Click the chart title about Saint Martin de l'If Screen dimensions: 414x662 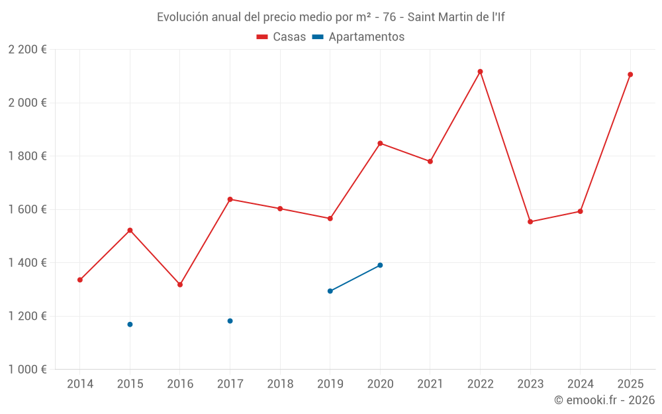click(330, 17)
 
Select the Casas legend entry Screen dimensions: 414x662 click(281, 37)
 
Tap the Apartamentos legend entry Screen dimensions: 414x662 click(358, 37)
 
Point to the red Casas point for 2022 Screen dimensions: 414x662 click(481, 72)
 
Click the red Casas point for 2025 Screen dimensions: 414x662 click(630, 74)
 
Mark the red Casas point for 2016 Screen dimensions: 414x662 click(180, 285)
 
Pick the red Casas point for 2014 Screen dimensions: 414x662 click(80, 280)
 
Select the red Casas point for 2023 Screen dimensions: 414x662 click(530, 222)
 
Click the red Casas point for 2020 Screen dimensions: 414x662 click(380, 143)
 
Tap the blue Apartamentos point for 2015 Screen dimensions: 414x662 click(130, 325)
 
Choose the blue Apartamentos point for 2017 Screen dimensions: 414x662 click(230, 321)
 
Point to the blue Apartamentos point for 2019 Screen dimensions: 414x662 click(330, 291)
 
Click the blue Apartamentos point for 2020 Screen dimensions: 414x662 click(380, 265)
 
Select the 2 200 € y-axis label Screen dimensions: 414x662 click(27, 50)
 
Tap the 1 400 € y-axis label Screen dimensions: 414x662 click(27, 263)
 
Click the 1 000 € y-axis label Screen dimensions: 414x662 click(27, 370)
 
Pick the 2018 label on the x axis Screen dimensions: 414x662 click(280, 384)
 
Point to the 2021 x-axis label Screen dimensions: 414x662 click(430, 384)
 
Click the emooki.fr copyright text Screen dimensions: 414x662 click(604, 400)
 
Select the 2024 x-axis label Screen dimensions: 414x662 click(581, 384)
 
